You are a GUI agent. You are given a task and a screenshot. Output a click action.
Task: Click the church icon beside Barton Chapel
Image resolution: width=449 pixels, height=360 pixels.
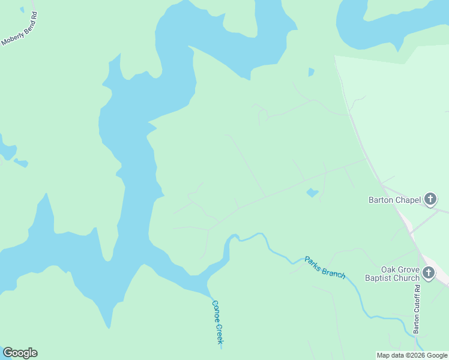(430, 199)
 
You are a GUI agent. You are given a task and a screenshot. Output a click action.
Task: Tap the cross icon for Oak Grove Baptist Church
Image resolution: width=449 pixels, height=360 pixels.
(429, 274)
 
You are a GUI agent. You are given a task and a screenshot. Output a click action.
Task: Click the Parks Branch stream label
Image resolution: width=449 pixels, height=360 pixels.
(325, 267)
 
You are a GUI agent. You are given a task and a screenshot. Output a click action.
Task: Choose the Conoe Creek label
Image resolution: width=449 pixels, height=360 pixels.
(217, 322)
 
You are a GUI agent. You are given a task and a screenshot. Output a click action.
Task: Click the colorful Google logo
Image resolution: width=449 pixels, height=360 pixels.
(20, 353)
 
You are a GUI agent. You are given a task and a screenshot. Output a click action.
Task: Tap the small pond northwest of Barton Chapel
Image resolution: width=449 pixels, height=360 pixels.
(312, 193)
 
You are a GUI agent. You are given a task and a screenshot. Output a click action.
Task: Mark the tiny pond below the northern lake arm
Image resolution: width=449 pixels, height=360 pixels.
(311, 72)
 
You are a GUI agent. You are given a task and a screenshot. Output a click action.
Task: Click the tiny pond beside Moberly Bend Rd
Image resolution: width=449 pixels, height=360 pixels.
(22, 10)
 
